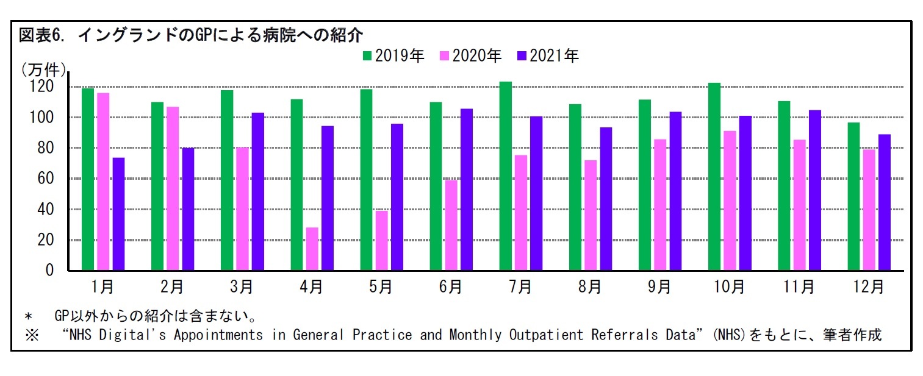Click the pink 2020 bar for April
312,249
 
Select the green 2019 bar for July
505,176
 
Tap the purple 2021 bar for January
118,214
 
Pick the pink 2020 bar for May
381,241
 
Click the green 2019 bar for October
714,177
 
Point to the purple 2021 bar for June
467,190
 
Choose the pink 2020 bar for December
869,210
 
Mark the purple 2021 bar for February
188,209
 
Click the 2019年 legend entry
393,56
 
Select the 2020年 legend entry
470,56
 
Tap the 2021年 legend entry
547,56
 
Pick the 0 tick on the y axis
51,271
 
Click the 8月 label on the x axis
589,287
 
